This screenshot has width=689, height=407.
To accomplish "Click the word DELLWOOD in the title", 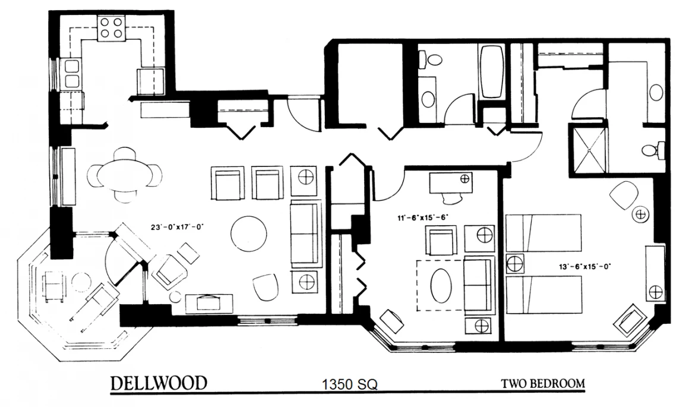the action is (159, 383).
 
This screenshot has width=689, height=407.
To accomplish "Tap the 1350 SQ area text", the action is (349, 384).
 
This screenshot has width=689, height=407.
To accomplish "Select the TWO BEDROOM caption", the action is (543, 383).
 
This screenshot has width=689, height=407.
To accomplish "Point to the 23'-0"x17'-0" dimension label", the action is (178, 227).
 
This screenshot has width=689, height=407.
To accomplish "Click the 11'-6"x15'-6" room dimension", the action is (422, 216).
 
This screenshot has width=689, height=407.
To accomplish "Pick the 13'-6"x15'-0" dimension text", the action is (586, 266).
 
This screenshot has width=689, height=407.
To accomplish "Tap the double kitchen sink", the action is (72, 74).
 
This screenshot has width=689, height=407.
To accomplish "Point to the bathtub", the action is (491, 72).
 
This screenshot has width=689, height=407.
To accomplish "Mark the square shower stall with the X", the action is (588, 148).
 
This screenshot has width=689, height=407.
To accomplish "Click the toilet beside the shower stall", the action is (653, 150).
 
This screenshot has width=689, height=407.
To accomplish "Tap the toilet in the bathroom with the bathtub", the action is (431, 59).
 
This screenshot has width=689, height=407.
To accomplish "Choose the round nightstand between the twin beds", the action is (514, 264).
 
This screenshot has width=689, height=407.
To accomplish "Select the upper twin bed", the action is (543, 233).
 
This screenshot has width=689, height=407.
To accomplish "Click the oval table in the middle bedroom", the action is (440, 286).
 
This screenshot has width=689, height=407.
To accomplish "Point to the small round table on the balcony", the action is (81, 282).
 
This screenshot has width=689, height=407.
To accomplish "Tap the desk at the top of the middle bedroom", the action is (451, 183).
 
